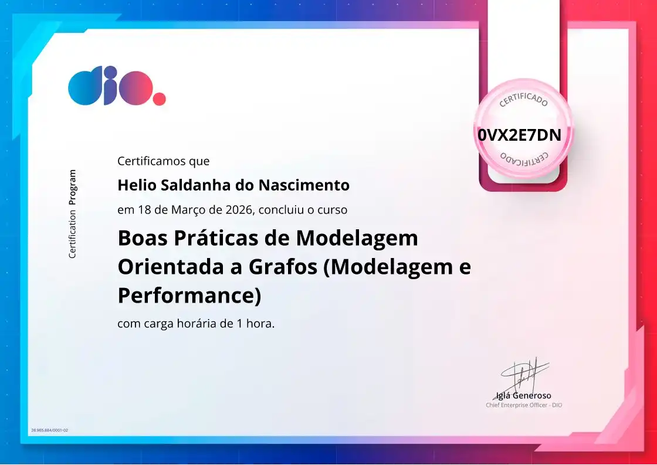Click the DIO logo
click(116, 86)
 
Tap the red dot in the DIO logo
click(159, 99)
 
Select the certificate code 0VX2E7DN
click(519, 135)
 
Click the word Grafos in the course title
click(284, 267)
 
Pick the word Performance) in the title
click(189, 296)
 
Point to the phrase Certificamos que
click(163, 161)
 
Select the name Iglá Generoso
click(523, 395)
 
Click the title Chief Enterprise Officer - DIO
click(523, 405)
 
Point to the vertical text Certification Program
click(72, 214)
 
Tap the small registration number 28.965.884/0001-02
click(49, 430)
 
